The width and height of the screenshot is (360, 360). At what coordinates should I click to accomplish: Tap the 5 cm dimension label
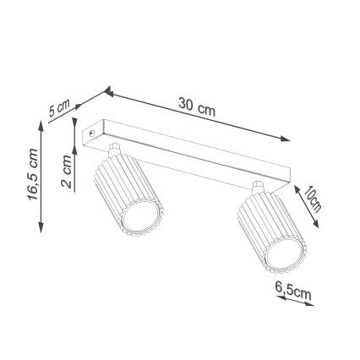(x=58, y=107)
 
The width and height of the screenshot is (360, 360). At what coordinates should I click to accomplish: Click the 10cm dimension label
(x=313, y=199)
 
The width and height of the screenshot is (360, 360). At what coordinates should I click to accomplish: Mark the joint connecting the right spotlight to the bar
(x=257, y=188)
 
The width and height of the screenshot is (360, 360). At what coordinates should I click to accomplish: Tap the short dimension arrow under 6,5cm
(x=295, y=300)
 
